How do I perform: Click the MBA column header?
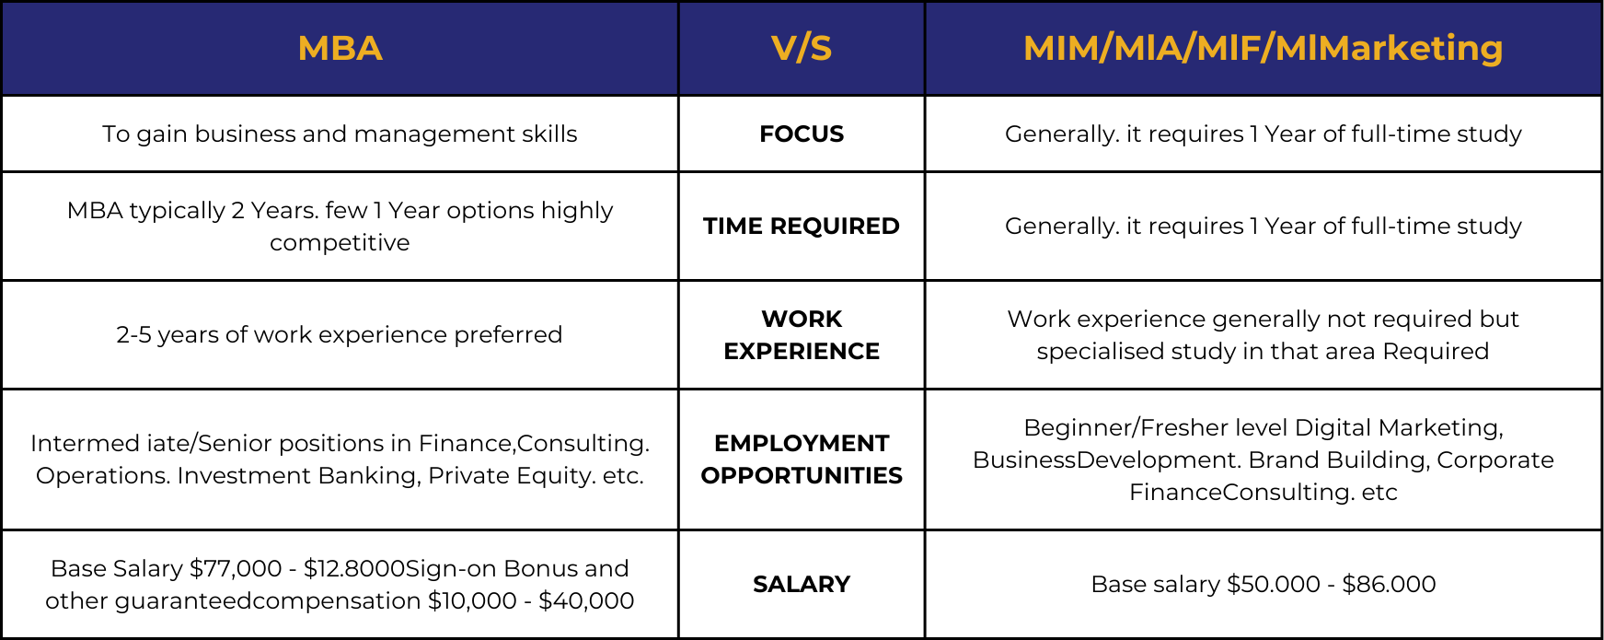[x=340, y=49]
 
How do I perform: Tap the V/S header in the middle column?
[x=802, y=49]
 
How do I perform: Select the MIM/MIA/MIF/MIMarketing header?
[x=1263, y=49]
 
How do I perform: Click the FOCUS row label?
[x=802, y=134]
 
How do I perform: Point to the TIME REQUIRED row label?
[x=802, y=227]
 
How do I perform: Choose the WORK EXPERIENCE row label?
[x=802, y=335]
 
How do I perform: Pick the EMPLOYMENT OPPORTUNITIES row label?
[x=802, y=460]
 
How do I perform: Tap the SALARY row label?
[x=802, y=585]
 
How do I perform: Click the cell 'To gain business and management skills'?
[x=340, y=134]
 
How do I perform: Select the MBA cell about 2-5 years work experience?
[x=340, y=335]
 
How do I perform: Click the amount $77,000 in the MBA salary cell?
[x=236, y=569]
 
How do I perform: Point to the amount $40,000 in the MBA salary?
[x=586, y=601]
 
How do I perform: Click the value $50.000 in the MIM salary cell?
[x=1274, y=585]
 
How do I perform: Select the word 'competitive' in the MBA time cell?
[x=340, y=243]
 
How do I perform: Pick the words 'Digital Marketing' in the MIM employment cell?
[x=1399, y=428]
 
